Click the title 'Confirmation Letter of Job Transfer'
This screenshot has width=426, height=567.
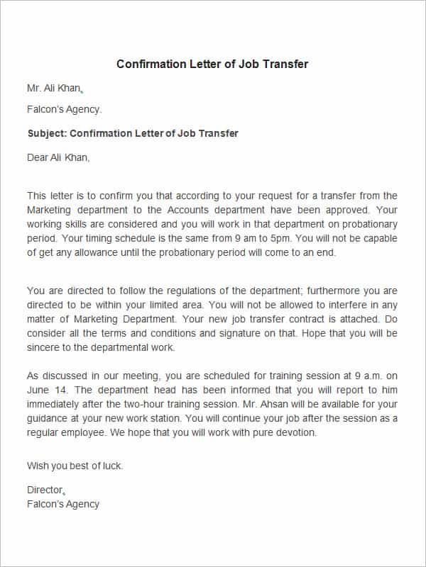click(212, 64)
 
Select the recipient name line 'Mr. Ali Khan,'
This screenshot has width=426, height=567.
click(55, 89)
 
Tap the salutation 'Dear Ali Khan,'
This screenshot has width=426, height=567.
click(58, 157)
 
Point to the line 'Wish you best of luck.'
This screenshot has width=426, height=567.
click(75, 466)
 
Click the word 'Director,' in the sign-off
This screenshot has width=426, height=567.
click(45, 490)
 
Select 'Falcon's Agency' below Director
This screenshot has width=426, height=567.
click(62, 504)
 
